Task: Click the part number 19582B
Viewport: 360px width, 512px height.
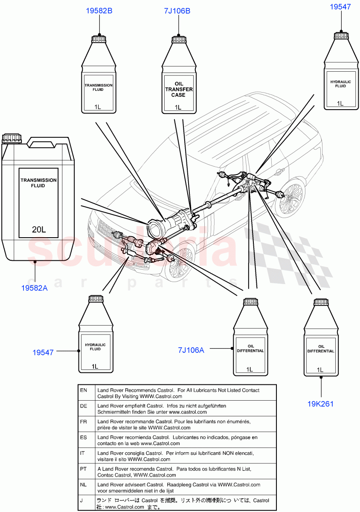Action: point(99,11)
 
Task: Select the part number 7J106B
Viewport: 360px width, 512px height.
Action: point(177,11)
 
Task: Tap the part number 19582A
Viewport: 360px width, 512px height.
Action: point(35,288)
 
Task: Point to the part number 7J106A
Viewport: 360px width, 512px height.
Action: point(191,350)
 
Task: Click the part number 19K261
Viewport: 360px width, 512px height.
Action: point(320,404)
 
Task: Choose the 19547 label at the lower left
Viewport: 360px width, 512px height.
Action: point(43,352)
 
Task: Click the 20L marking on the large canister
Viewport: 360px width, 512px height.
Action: point(39,230)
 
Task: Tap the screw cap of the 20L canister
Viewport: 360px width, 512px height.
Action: point(12,138)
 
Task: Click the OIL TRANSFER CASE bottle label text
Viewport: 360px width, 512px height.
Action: point(178,90)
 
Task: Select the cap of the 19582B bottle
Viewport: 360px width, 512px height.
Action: point(99,39)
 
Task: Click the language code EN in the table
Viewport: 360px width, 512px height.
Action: point(84,390)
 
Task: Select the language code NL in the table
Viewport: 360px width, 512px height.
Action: point(84,485)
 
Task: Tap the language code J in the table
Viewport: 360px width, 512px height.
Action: point(81,501)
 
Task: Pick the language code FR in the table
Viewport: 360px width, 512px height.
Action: point(84,422)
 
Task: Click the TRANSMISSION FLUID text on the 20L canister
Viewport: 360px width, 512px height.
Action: point(38,183)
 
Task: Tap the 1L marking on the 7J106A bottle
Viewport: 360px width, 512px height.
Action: point(249,369)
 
